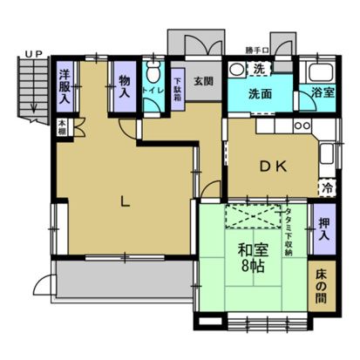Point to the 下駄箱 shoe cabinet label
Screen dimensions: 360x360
[x=177, y=87]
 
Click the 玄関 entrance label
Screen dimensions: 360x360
[x=204, y=81]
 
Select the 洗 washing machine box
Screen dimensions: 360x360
[x=259, y=69]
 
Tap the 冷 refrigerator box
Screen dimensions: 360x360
[x=327, y=187]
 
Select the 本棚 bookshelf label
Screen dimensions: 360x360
[x=64, y=126]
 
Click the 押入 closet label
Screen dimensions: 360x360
[x=323, y=228]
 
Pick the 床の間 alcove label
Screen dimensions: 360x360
[x=323, y=289]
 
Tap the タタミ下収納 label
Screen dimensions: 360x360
[x=289, y=231]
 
